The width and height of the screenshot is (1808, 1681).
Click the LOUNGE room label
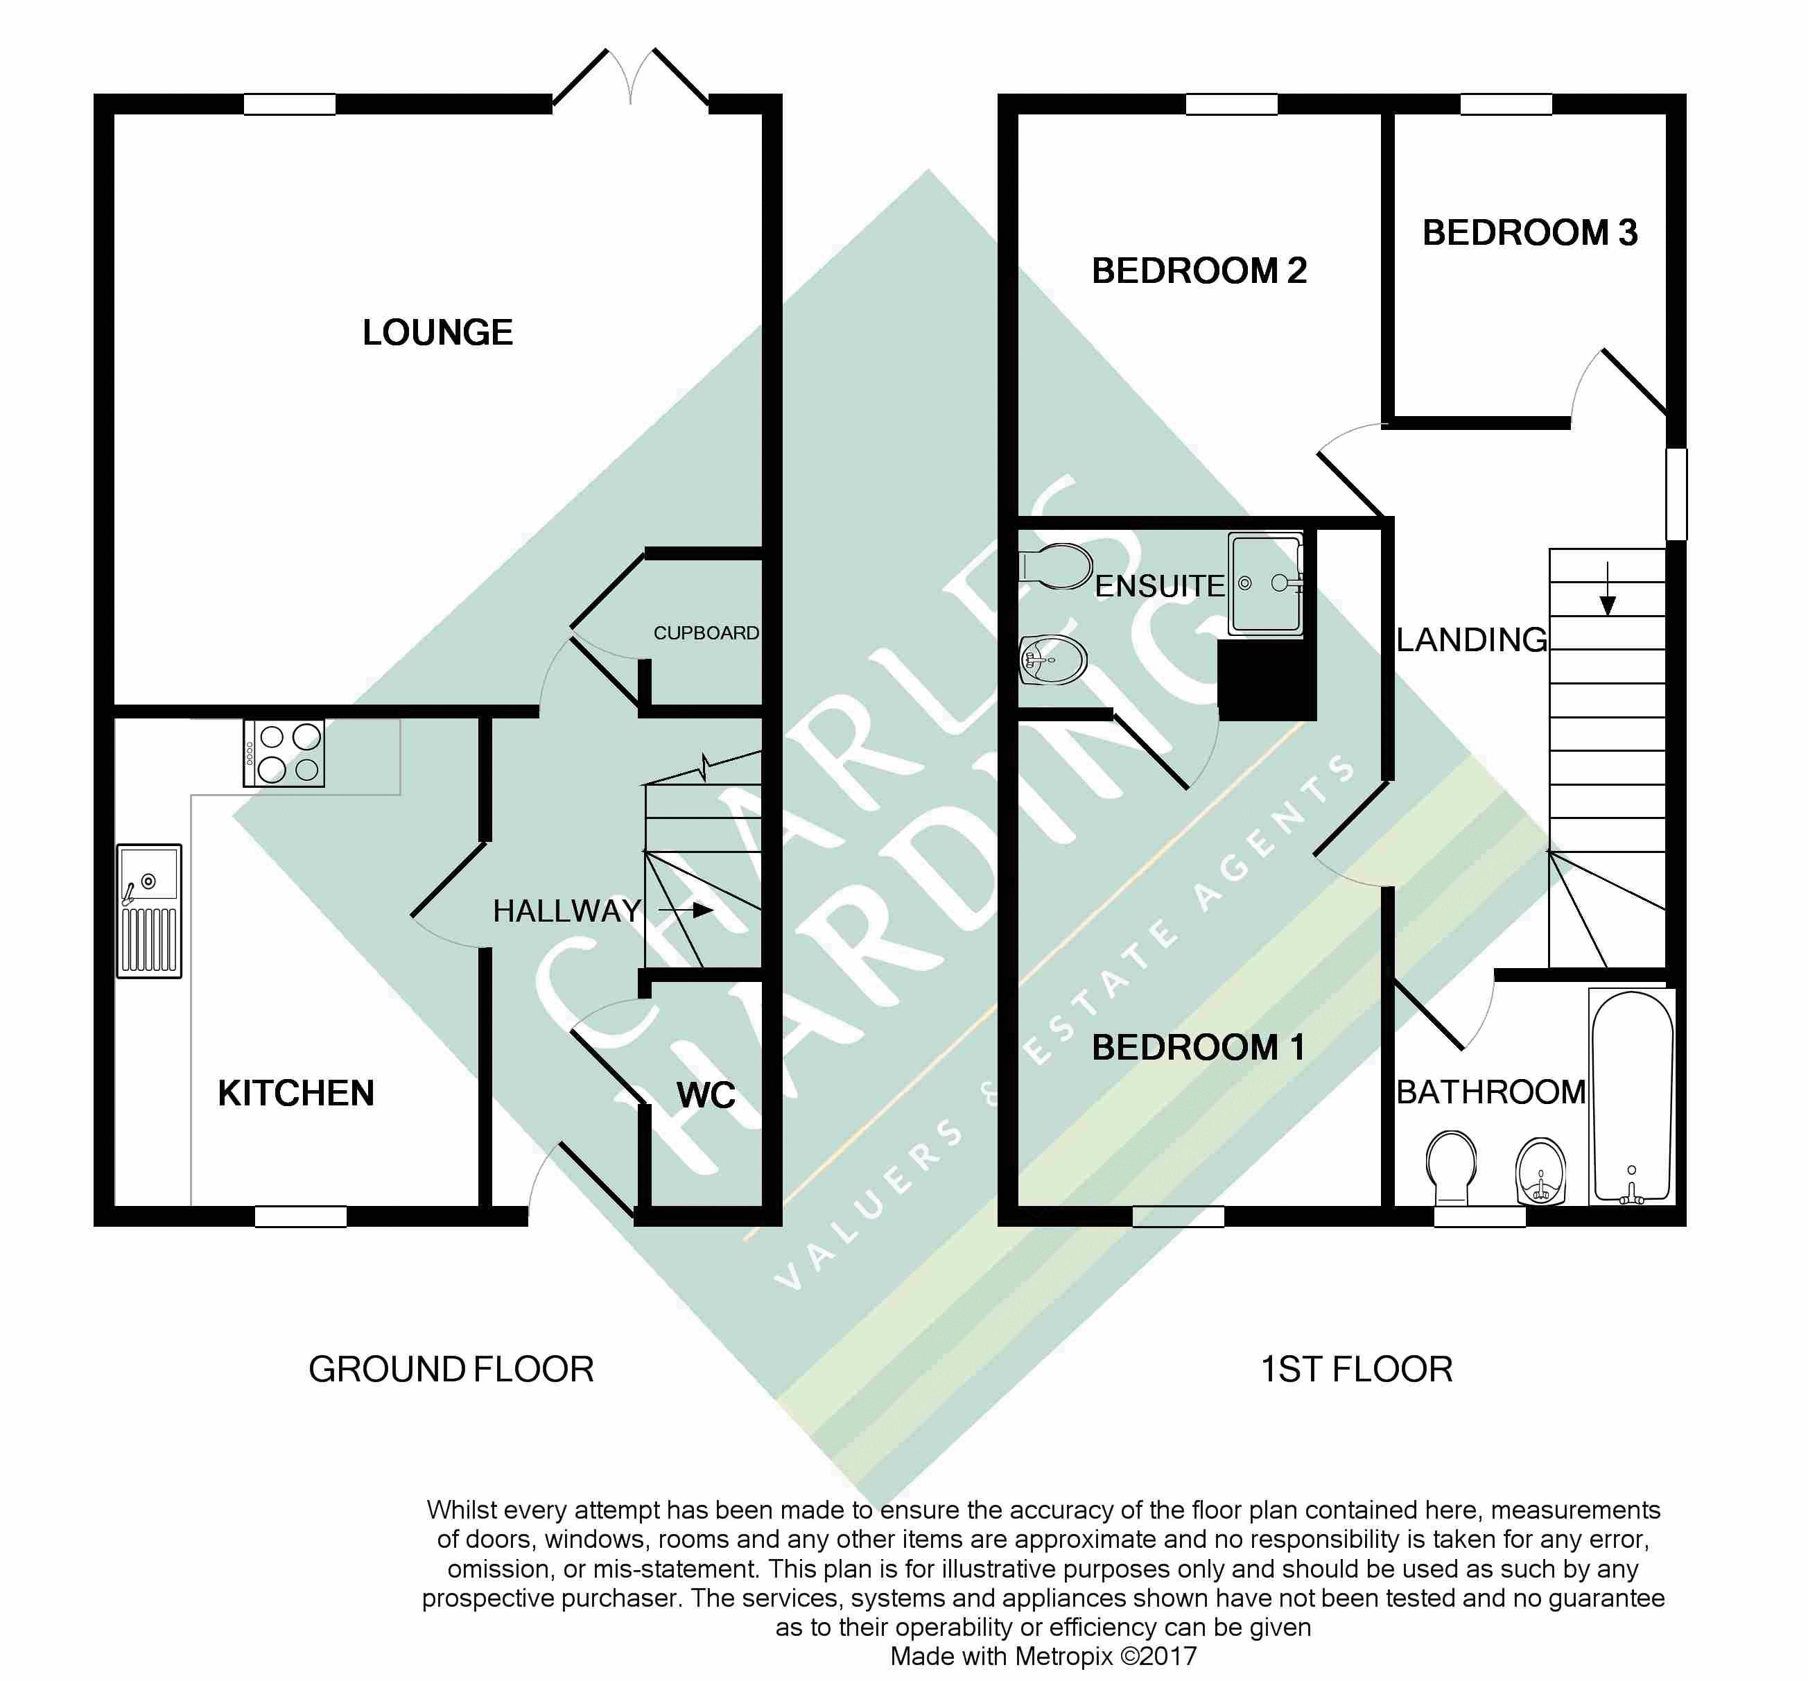437,333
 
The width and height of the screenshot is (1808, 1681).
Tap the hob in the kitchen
284,753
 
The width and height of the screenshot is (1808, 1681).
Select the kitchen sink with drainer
149,911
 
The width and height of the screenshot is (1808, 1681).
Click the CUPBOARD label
706,633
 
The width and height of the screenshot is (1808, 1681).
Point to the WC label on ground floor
706,1095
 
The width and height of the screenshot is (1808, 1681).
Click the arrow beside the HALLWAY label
686,910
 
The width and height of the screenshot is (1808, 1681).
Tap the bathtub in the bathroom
1633,1097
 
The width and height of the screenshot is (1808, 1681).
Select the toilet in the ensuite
1055,567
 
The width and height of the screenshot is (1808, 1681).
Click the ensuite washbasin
1053,660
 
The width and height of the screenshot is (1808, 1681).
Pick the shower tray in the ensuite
1265,583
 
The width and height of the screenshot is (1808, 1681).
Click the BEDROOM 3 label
1531,233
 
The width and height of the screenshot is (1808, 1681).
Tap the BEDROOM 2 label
1199,271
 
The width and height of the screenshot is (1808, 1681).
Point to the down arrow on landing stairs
1608,589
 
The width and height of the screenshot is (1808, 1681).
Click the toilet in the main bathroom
1452,1168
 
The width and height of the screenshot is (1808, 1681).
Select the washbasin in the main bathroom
1542,1171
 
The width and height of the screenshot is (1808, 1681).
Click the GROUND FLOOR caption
451,1370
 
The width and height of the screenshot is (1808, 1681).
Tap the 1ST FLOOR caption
1357,1370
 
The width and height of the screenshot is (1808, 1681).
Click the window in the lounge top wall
290,105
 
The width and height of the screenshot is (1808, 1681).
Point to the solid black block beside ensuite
1267,680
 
